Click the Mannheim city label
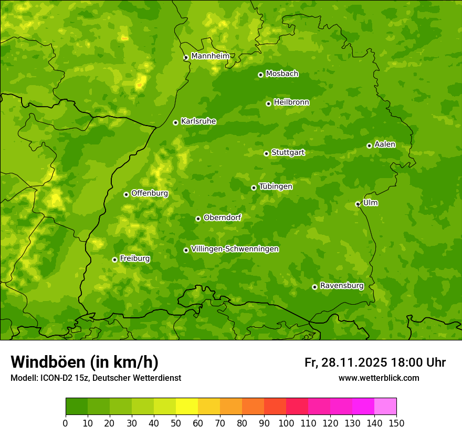(210, 56)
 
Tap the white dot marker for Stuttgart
(266, 153)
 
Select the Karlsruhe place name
(198, 121)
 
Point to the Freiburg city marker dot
(114, 259)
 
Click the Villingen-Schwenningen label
(235, 249)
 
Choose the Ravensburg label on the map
(342, 286)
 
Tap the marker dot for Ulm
(358, 204)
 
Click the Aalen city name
(385, 144)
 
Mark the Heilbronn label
(291, 102)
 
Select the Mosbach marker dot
(260, 75)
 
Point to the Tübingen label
(276, 186)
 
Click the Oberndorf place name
(222, 217)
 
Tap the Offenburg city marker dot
(126, 194)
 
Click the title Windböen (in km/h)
(84, 362)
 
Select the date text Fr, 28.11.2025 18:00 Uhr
(375, 362)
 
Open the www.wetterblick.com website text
(379, 378)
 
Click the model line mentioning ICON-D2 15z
(96, 378)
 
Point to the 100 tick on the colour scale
(286, 423)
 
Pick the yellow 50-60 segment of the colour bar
(187, 407)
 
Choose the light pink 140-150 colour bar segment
(385, 407)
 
